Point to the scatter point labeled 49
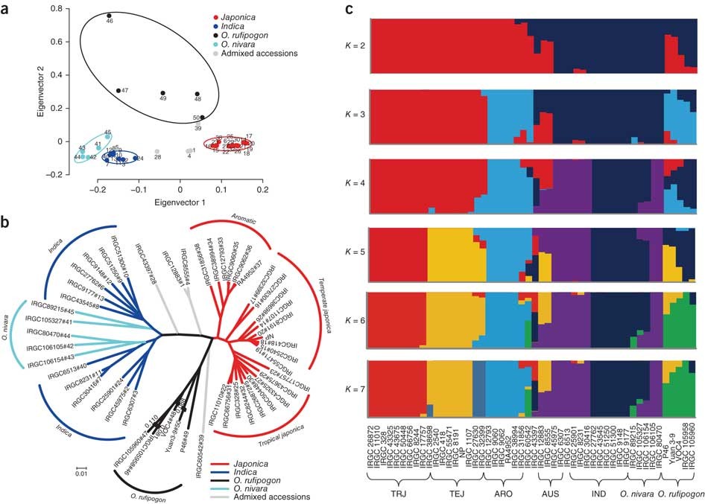pyautogui.click(x=162, y=93)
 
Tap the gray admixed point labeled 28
pyautogui.click(x=157, y=152)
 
